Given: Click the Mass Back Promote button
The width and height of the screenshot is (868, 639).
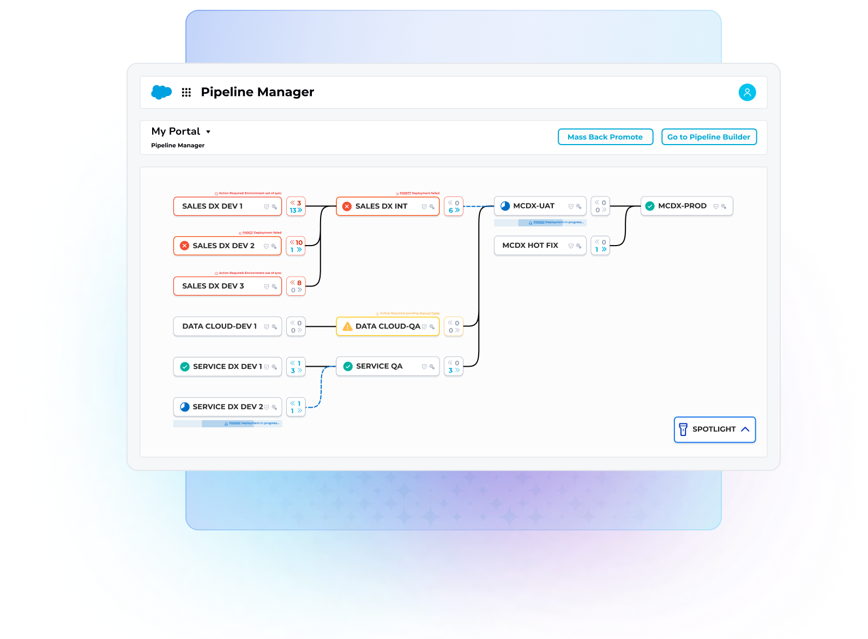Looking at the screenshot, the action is (x=605, y=137).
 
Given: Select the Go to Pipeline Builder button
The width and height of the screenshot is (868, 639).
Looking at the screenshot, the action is (x=709, y=137).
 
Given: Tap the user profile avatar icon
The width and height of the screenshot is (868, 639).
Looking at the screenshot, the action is (x=747, y=92).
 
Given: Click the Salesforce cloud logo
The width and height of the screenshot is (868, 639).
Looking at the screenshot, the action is (x=161, y=92).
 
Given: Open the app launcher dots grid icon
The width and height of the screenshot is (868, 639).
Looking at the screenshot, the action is (x=186, y=92).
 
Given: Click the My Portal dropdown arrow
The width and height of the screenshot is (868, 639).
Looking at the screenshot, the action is (x=208, y=132).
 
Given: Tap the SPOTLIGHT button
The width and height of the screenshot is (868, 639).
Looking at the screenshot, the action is (x=714, y=429).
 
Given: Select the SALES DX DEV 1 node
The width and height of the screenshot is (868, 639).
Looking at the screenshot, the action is (x=218, y=206).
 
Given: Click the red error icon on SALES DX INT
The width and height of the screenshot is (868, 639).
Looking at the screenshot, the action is (x=347, y=206).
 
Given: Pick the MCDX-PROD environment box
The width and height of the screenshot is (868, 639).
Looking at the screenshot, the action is (x=686, y=206).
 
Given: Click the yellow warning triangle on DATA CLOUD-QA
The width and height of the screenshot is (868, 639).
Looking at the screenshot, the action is (x=347, y=326).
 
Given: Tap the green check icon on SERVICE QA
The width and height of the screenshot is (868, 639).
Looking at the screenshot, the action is (x=348, y=366).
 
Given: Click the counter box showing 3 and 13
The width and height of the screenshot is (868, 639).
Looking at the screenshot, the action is (x=296, y=206).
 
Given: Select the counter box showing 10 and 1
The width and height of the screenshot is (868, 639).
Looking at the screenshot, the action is (x=296, y=246).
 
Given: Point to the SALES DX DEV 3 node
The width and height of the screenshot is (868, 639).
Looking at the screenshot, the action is (x=218, y=286).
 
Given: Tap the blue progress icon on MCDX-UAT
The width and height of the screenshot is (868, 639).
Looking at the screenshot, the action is (x=505, y=206).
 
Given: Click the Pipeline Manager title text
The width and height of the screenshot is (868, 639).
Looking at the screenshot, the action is (x=257, y=92).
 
